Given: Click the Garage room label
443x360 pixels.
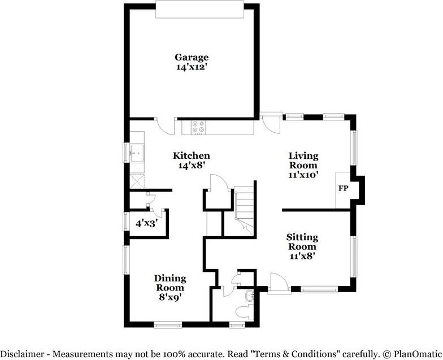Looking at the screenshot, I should [x=192, y=57].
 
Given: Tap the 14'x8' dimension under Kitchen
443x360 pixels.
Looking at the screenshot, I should [x=192, y=166].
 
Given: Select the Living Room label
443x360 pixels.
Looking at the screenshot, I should [x=303, y=161].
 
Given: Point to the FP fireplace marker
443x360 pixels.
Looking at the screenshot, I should [x=343, y=188].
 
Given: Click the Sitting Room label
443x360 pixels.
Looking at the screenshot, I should [x=302, y=242].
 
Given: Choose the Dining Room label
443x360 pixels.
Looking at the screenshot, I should [x=169, y=283].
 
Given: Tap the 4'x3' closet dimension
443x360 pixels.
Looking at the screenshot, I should [x=146, y=223].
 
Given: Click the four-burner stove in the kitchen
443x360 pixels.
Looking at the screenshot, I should [x=198, y=128].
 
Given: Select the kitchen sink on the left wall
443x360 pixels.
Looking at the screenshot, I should [x=136, y=153].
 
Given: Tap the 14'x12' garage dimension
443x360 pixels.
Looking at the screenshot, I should [x=192, y=67].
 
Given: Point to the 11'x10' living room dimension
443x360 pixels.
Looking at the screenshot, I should [x=303, y=175].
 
